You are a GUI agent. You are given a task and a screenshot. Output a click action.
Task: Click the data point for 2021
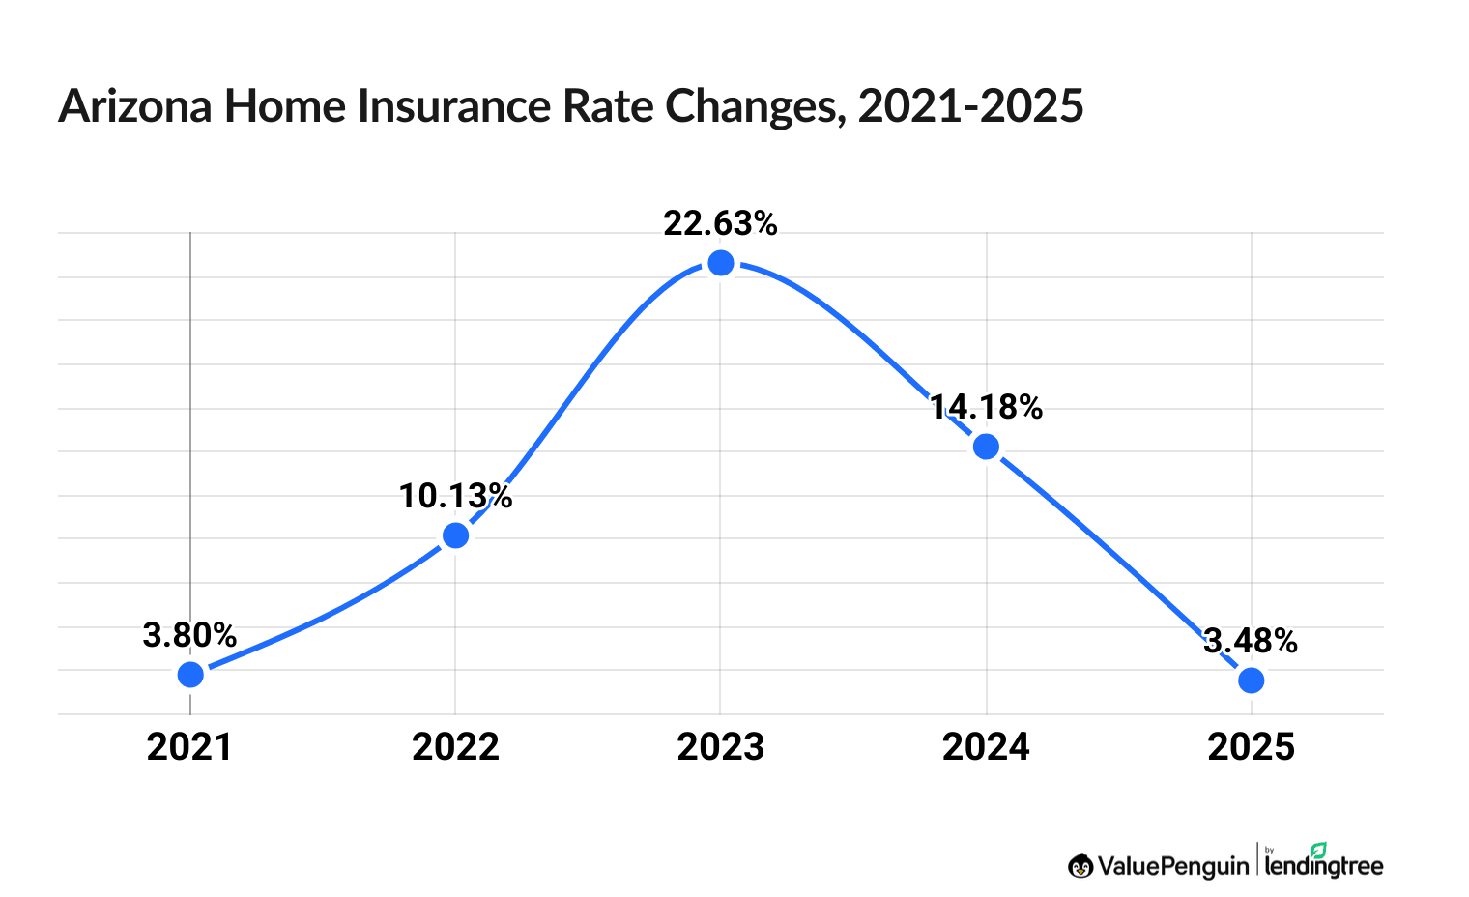(x=190, y=674)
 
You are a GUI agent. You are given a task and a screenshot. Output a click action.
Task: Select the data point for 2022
(x=455, y=535)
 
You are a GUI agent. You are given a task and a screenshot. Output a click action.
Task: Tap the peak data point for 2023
(x=720, y=263)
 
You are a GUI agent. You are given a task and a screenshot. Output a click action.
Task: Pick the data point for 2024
(x=986, y=447)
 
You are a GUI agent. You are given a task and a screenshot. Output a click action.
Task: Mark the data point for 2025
(x=1251, y=680)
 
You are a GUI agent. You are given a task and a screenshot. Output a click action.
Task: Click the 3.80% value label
(x=189, y=636)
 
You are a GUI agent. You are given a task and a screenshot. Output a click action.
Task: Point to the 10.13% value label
(x=455, y=497)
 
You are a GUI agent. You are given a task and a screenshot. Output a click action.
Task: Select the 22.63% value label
(x=720, y=224)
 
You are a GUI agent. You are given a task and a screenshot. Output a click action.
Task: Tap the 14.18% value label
(x=986, y=408)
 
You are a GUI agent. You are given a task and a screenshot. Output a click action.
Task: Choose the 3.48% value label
(x=1251, y=641)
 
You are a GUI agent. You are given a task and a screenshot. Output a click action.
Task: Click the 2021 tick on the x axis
(x=189, y=747)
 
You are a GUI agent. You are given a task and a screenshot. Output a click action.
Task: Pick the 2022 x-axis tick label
(x=455, y=747)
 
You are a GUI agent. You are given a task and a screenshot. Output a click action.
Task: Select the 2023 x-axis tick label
(x=720, y=747)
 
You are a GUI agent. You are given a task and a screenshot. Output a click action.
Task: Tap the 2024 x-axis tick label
(x=986, y=747)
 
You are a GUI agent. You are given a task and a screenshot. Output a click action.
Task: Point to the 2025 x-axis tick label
(x=1251, y=747)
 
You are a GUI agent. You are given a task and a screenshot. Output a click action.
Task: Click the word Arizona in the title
(x=135, y=106)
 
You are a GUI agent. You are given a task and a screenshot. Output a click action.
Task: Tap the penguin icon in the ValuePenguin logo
(x=1080, y=866)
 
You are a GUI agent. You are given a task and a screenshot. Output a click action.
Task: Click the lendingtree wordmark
(x=1324, y=865)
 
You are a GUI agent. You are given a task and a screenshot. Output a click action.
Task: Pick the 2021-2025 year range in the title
(x=970, y=106)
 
